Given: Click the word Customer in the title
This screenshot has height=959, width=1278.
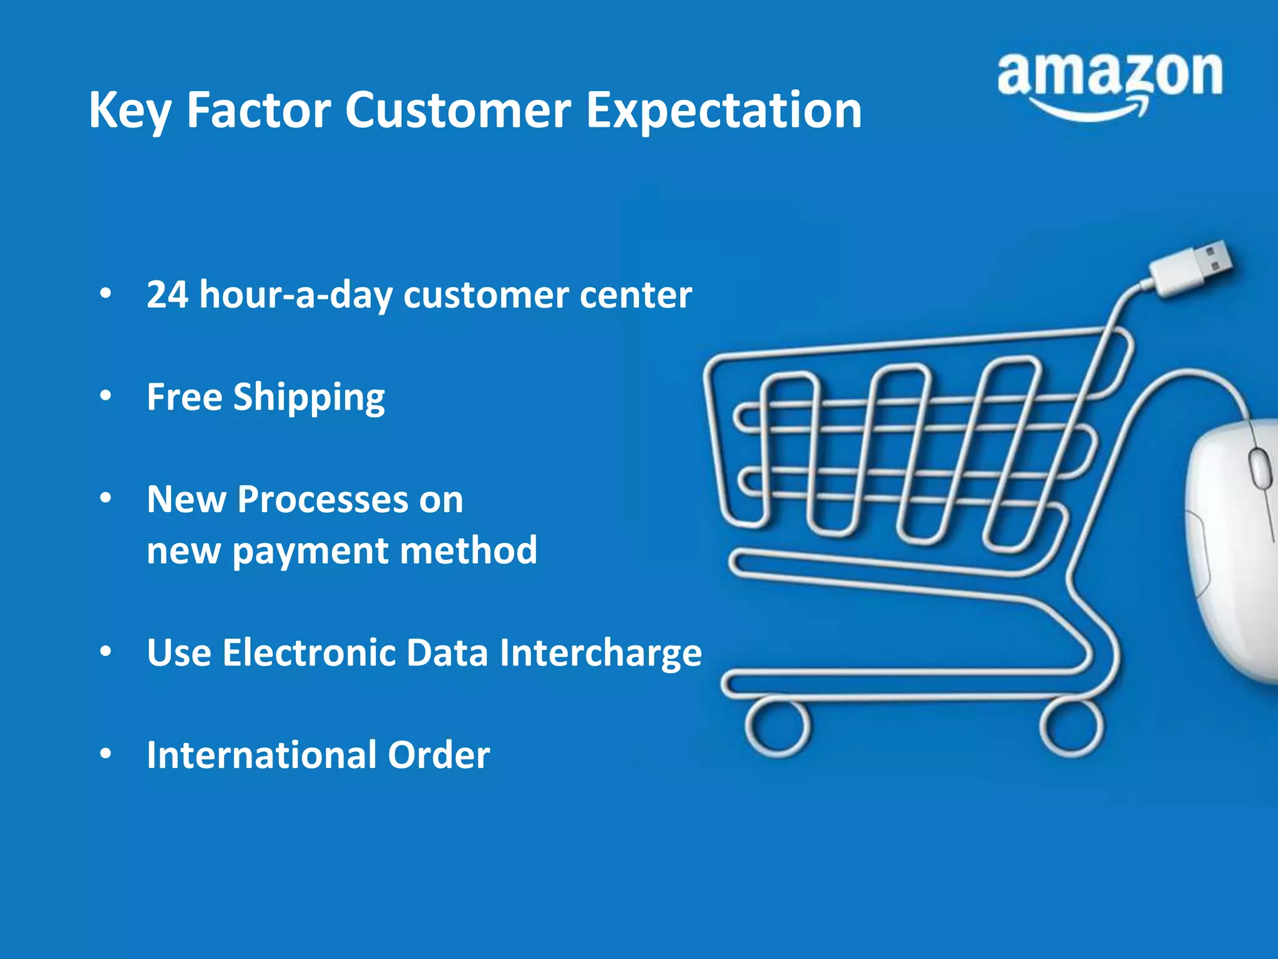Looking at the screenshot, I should tap(457, 111).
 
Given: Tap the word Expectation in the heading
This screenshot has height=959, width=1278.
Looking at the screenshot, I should tap(724, 111).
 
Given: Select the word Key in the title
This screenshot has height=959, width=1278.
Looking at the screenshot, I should tap(129, 111).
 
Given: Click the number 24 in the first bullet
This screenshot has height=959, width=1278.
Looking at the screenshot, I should tap(167, 295).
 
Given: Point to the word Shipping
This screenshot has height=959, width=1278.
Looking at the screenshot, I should tap(309, 398).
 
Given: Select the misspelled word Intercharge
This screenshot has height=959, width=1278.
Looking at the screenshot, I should tap(600, 653).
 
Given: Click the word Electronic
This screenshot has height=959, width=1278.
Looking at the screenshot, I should tap(309, 653).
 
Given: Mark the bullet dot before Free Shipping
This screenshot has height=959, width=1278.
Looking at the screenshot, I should tap(106, 396).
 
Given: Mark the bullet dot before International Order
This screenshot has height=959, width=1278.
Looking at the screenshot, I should tap(106, 754).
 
